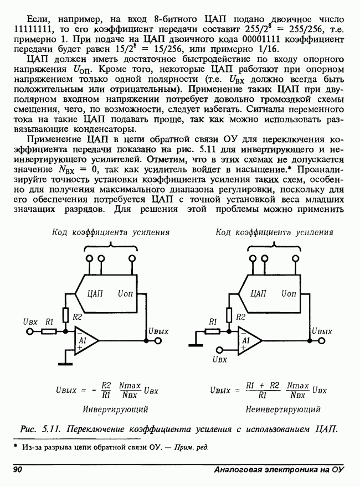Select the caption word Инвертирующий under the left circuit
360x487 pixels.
click(115, 410)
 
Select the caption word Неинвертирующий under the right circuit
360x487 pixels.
click(283, 410)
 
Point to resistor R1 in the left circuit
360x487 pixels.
click(49, 331)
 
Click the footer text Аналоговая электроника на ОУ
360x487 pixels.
click(279, 470)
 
